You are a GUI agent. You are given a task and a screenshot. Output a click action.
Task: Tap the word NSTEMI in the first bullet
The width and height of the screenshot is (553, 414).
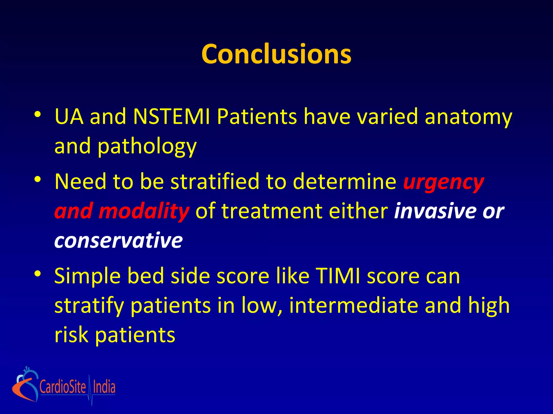coord(172,117)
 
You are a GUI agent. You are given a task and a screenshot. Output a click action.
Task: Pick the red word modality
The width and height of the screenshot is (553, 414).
coord(144,211)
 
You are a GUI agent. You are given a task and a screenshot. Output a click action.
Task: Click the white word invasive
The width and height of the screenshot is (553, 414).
coord(435,211)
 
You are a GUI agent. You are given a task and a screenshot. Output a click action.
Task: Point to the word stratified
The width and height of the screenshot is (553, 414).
coord(215,181)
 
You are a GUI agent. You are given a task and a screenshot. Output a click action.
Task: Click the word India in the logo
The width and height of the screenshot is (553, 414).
coord(104,387)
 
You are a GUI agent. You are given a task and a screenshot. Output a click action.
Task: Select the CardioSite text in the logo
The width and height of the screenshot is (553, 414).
coord(63,387)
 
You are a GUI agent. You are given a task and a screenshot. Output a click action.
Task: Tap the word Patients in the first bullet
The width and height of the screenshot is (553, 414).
coord(257,117)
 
